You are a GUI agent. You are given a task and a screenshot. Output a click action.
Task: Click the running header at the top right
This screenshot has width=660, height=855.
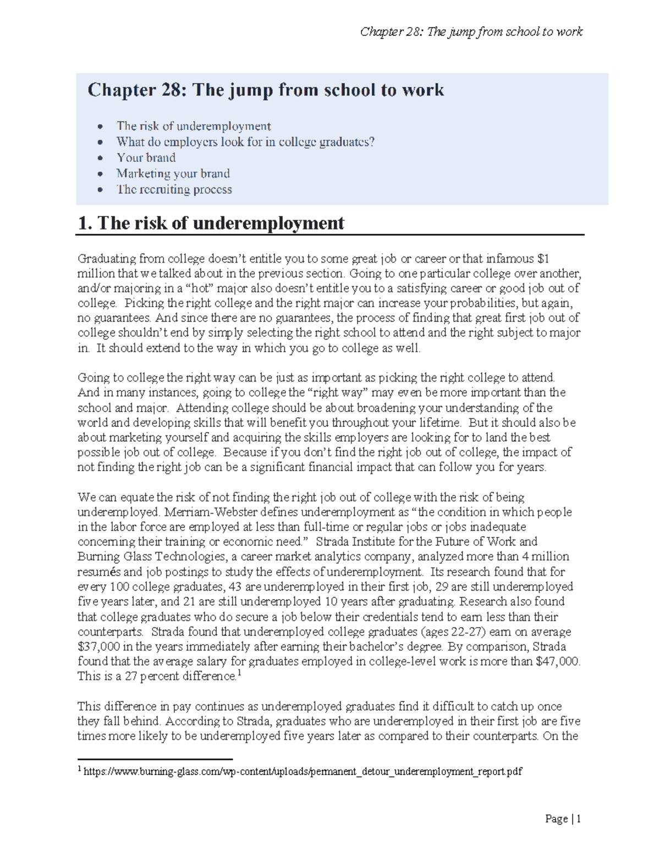coord(471,32)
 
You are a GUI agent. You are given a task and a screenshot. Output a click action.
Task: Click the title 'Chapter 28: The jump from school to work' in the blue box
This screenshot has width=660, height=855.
coord(266,90)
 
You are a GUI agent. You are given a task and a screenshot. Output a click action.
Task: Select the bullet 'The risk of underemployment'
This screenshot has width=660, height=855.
coord(194,126)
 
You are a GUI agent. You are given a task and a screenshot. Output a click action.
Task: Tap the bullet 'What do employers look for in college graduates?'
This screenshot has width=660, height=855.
coord(245,142)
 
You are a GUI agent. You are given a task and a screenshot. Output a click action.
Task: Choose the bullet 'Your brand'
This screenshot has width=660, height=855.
coord(146,157)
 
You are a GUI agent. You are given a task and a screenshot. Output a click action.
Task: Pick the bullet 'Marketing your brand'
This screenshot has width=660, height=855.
coord(173,173)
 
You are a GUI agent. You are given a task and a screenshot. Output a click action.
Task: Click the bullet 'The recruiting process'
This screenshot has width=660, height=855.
coord(174,189)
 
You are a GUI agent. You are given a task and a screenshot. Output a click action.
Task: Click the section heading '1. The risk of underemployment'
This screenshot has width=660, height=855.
coord(211,223)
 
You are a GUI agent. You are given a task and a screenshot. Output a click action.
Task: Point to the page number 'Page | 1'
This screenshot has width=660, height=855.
coord(563,819)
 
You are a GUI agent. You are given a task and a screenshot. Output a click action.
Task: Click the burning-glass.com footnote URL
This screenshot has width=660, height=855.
coord(302,772)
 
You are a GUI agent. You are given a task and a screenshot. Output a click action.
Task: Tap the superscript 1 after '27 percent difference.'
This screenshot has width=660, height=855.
coord(239,673)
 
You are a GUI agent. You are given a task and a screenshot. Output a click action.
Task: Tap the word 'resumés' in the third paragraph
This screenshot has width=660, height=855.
coord(97,571)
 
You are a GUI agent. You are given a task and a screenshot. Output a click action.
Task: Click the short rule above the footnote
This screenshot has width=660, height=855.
coord(155,760)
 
